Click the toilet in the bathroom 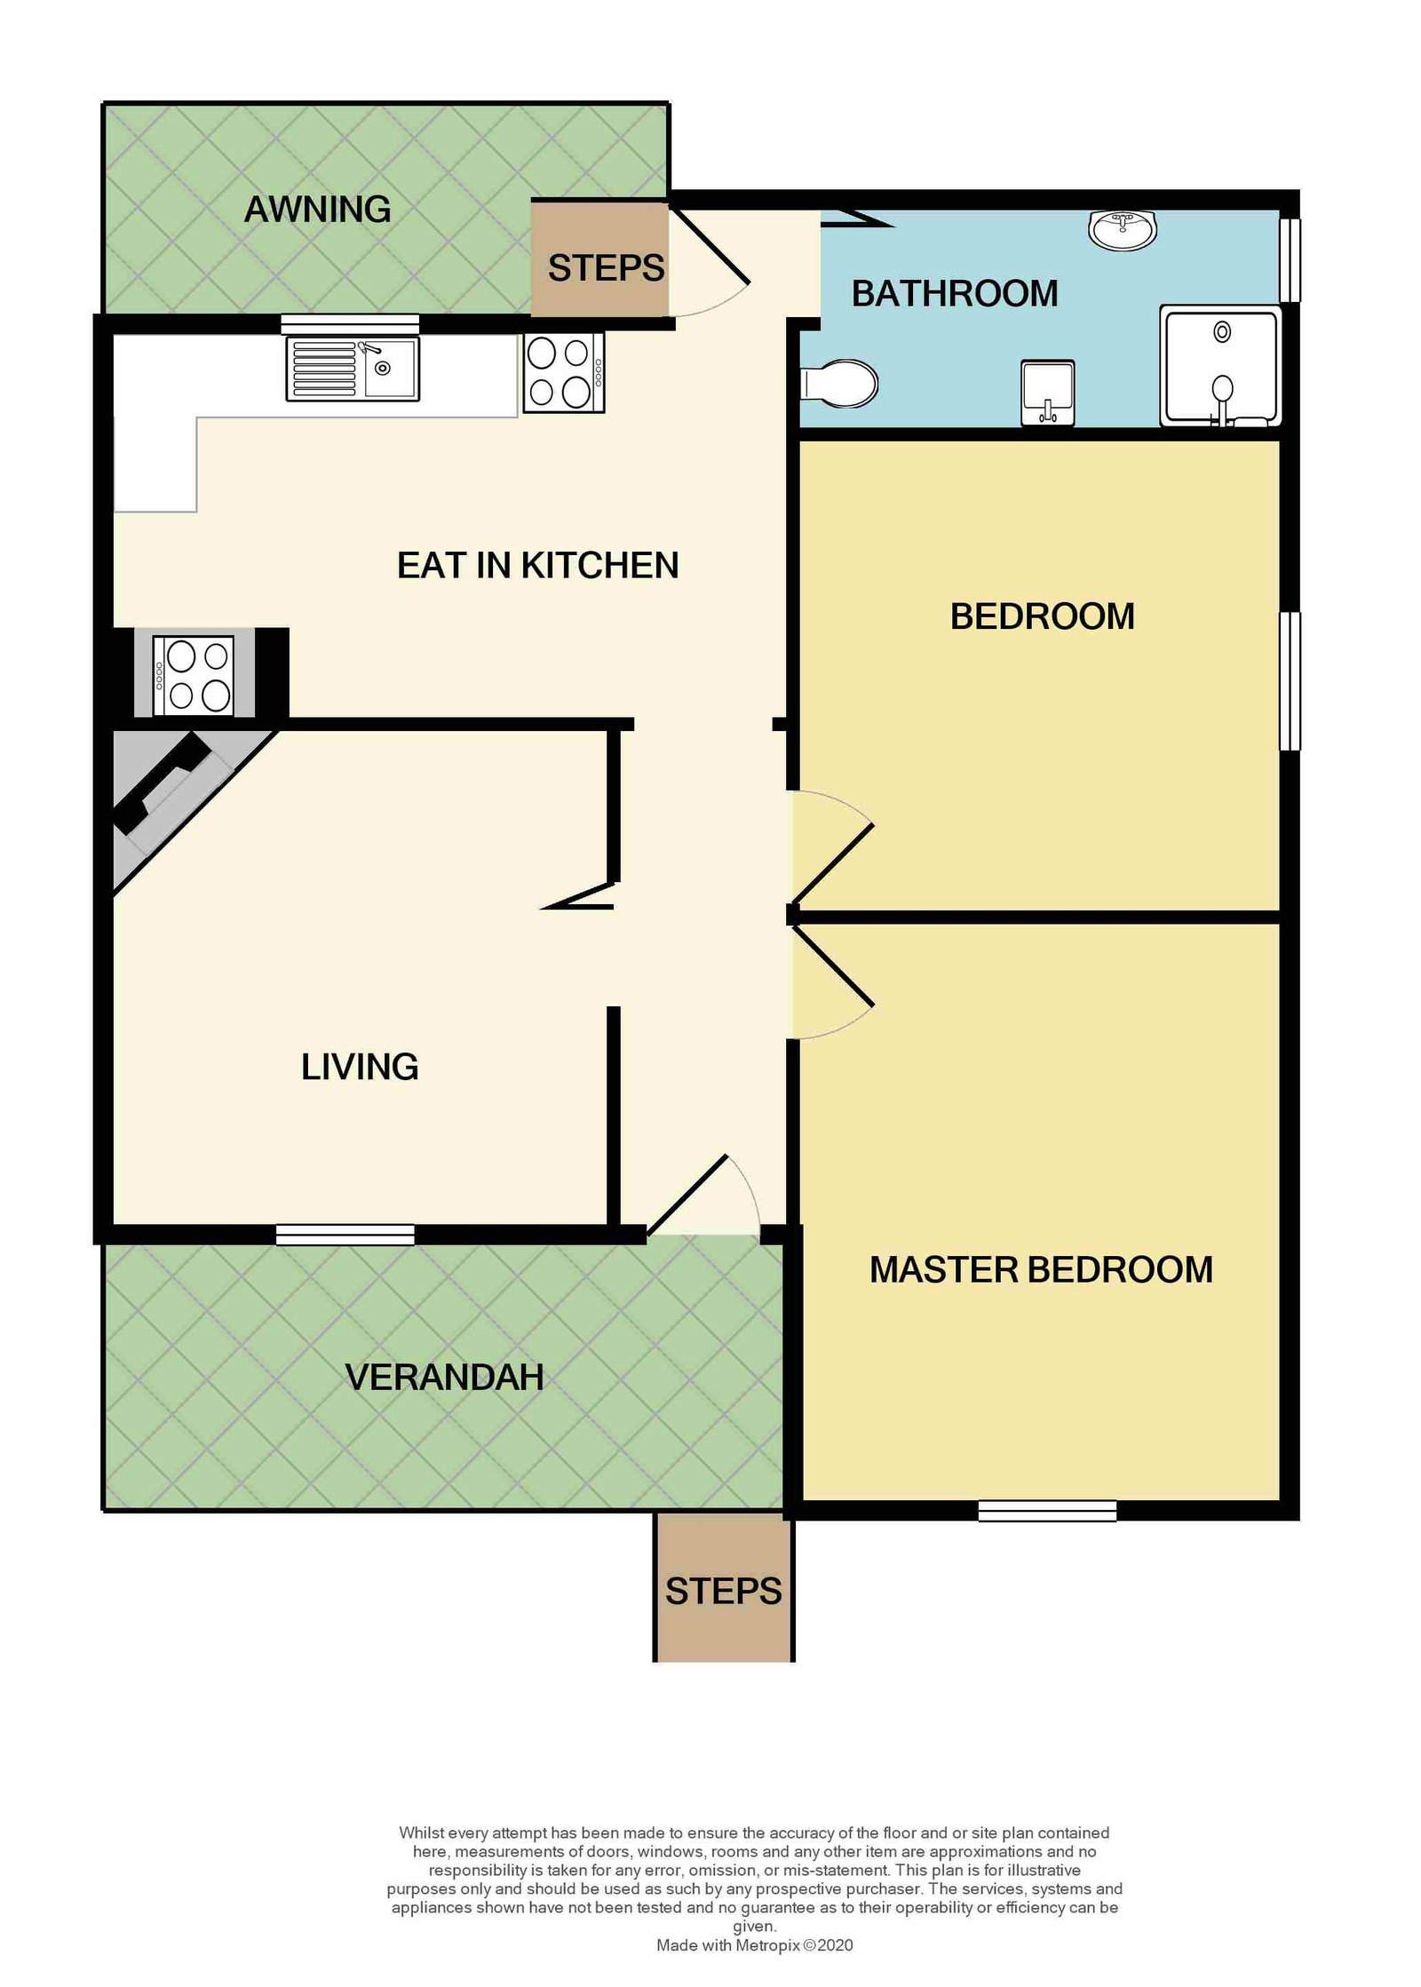[838, 384]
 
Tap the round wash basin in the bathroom [1123, 230]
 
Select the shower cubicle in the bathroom [1220, 366]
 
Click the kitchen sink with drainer [353, 369]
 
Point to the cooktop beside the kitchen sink [564, 372]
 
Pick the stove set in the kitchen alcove [194, 675]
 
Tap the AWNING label [318, 210]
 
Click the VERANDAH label [444, 1377]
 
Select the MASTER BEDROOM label [1041, 1269]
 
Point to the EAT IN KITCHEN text [537, 565]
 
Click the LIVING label [360, 1067]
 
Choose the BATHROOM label [955, 293]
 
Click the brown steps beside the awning [599, 258]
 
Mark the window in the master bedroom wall [1047, 1510]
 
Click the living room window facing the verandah [345, 1234]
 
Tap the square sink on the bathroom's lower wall [1048, 392]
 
